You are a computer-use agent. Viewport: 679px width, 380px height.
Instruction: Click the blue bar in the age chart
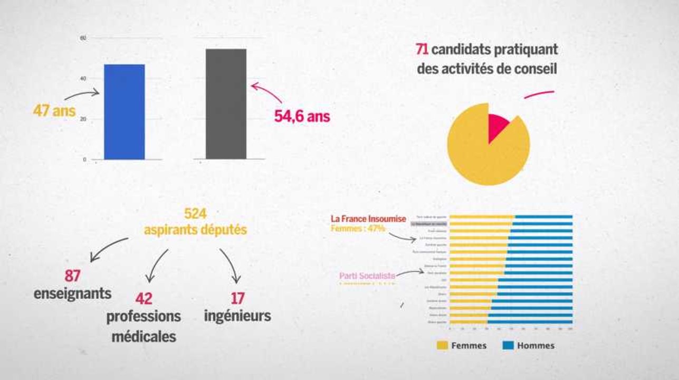(x=124, y=112)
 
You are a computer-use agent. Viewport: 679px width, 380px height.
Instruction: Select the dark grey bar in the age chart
(x=226, y=104)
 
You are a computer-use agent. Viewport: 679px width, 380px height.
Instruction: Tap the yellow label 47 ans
(x=54, y=111)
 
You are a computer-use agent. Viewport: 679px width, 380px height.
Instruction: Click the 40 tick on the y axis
(x=83, y=79)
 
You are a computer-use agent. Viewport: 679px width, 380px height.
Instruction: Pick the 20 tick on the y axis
(x=83, y=119)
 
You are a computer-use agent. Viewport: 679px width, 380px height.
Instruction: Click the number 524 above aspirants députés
(x=195, y=214)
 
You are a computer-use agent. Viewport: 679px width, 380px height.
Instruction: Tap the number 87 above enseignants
(x=72, y=275)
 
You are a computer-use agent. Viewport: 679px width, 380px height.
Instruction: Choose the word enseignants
(x=73, y=293)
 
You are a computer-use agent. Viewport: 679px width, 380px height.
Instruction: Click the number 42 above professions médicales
(x=144, y=299)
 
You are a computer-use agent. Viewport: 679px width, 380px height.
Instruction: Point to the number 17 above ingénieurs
(x=238, y=299)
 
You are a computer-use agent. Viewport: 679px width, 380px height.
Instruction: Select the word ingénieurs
(x=237, y=316)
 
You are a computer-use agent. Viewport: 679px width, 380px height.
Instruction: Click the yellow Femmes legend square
(x=442, y=346)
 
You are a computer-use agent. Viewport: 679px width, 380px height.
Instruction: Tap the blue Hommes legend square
(x=508, y=346)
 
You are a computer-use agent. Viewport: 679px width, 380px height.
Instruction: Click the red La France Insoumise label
(x=368, y=218)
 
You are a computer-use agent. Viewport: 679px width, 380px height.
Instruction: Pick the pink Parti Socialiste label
(x=367, y=275)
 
